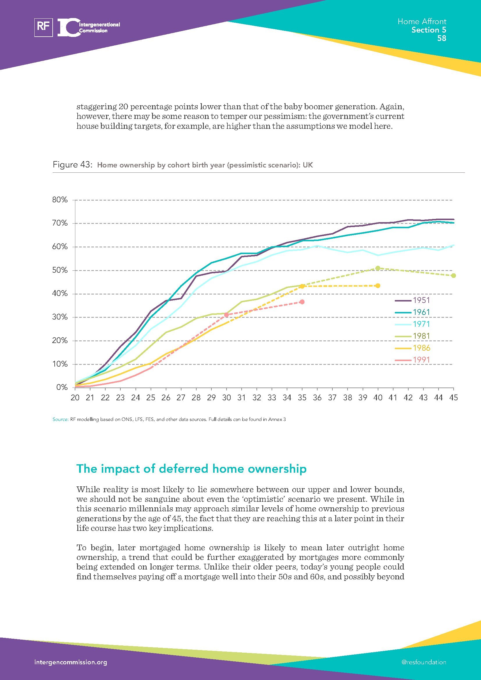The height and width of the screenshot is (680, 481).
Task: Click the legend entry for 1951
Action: (x=421, y=300)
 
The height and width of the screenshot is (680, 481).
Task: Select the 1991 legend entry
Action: (x=421, y=360)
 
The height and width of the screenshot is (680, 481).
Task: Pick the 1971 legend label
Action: (x=421, y=324)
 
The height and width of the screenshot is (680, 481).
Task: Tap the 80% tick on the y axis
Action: (x=60, y=200)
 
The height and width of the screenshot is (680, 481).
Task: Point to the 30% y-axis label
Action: (x=60, y=317)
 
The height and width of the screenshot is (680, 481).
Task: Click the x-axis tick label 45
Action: (x=453, y=398)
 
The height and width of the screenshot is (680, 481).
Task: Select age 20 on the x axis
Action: (x=75, y=398)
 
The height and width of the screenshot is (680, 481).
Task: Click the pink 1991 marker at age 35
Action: (x=302, y=302)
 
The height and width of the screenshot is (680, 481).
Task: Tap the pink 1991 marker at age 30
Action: (x=227, y=315)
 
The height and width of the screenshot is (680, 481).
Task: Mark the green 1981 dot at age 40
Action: (x=378, y=268)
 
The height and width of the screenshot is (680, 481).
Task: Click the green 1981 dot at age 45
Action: (x=453, y=275)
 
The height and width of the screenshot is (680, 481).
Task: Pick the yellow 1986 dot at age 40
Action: (x=378, y=285)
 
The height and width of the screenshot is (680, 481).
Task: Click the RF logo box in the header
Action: (x=44, y=27)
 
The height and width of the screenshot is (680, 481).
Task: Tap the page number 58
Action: (x=441, y=38)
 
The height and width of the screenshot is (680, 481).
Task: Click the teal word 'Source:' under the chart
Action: (x=60, y=420)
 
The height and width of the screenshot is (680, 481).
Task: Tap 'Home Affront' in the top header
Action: (x=422, y=21)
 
